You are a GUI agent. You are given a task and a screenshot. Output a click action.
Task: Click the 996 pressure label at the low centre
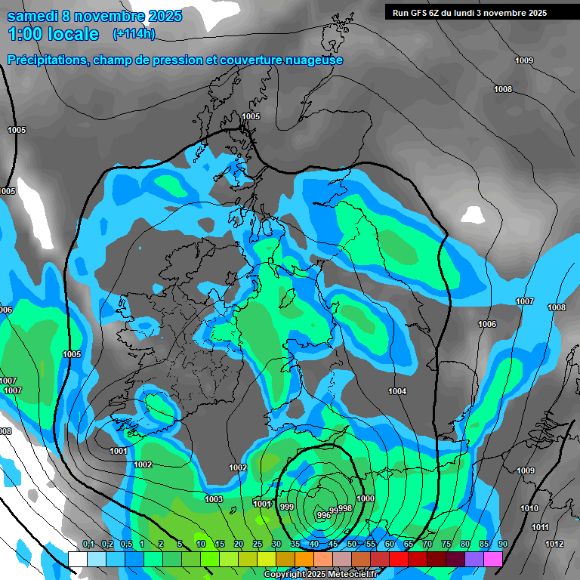point(323,514)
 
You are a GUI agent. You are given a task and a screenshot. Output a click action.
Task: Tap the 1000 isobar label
point(366,498)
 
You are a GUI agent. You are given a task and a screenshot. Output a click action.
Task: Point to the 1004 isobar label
point(397,391)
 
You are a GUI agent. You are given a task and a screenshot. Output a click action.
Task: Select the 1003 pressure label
point(214,499)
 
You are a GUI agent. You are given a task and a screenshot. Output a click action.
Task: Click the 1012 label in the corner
point(554,544)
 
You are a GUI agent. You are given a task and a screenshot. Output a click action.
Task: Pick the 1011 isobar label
point(540,527)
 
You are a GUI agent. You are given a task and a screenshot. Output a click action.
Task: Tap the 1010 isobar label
point(529,509)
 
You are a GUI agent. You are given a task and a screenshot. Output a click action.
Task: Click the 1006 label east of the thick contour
point(487,324)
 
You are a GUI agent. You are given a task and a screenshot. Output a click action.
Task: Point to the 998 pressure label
point(345,508)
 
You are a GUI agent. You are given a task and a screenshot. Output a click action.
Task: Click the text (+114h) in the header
point(134,33)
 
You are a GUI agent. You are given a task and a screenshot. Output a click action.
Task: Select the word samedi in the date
point(32,16)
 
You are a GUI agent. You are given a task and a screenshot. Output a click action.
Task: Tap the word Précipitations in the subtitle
point(45,60)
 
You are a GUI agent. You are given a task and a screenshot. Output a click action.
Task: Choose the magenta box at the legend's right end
point(493,559)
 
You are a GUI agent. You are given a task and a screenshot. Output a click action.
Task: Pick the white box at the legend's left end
point(77,559)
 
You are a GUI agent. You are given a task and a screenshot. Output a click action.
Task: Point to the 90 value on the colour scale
point(502,545)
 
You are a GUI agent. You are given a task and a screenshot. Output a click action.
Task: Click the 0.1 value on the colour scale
point(88,545)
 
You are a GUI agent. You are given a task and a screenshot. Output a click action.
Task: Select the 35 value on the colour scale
point(295,545)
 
